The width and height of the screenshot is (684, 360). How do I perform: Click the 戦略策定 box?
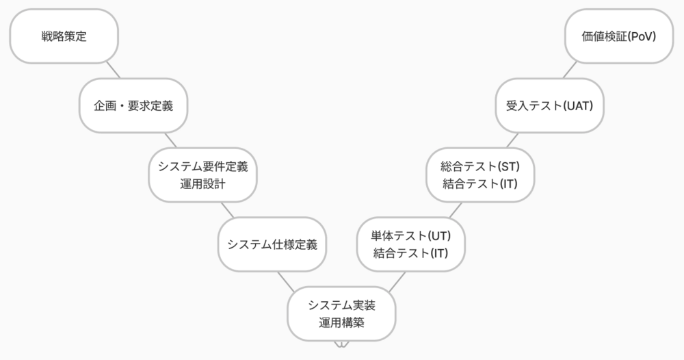pyautogui.click(x=64, y=36)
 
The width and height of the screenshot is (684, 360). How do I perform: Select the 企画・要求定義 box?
pyautogui.click(x=133, y=105)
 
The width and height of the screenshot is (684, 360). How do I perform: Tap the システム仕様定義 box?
pyautogui.click(x=272, y=244)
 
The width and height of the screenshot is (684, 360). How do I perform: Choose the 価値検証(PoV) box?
pyautogui.click(x=619, y=36)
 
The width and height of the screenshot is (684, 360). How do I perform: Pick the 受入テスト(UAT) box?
pyautogui.click(x=549, y=105)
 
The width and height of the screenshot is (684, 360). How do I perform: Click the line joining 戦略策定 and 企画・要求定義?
pyautogui.click(x=113, y=70)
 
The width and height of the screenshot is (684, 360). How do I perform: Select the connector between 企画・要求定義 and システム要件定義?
pyautogui.click(x=170, y=140)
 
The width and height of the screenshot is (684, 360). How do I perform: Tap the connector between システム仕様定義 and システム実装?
pyautogui.click(x=286, y=279)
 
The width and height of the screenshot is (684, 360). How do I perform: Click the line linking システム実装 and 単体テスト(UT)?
pyautogui.click(x=398, y=279)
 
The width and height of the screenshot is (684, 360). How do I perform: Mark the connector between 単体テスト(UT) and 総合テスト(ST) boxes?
pyautogui.click(x=456, y=209)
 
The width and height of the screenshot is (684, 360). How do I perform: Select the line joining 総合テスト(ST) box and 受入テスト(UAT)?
pyautogui.click(x=513, y=140)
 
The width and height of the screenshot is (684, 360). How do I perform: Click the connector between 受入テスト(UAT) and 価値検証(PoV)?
pyautogui.click(x=570, y=70)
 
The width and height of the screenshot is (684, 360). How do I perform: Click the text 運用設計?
pyautogui.click(x=202, y=183)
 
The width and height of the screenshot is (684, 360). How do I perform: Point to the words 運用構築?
pyautogui.click(x=341, y=322)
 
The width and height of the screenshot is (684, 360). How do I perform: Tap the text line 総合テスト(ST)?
pyautogui.click(x=480, y=166)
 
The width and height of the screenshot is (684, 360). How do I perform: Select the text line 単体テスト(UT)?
pyautogui.click(x=410, y=235)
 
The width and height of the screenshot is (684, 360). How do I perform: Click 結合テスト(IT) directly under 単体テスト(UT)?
pyautogui.click(x=410, y=253)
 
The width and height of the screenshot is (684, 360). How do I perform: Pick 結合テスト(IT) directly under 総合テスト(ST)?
pyautogui.click(x=480, y=183)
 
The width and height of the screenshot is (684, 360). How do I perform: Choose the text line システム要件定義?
pyautogui.click(x=202, y=166)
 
